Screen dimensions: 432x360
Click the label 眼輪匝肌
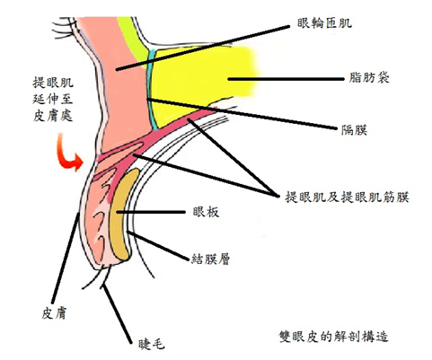pyautogui.click(x=324, y=22)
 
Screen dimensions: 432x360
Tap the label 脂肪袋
pyautogui.click(x=369, y=78)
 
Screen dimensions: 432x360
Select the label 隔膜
pyautogui.click(x=355, y=130)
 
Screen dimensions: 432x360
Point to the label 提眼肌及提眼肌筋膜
pyautogui.click(x=347, y=197)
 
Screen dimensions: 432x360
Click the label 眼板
pyautogui.click(x=206, y=212)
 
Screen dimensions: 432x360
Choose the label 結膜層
pyautogui.click(x=210, y=259)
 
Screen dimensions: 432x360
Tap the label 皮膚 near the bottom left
pyautogui.click(x=54, y=313)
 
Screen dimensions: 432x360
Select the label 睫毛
pyautogui.click(x=152, y=345)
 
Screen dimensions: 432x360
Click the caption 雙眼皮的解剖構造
pyautogui.click(x=333, y=336)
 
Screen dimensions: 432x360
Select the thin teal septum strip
pyautogui.click(x=151, y=90)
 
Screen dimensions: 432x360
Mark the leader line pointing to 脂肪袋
pyautogui.click(x=286, y=79)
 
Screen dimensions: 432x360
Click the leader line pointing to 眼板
pyautogui.click(x=151, y=212)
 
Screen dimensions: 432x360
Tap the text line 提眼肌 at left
pyautogui.click(x=53, y=83)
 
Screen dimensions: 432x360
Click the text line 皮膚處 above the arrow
pyautogui.click(x=53, y=115)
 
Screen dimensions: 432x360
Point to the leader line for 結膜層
pyautogui.click(x=159, y=246)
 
